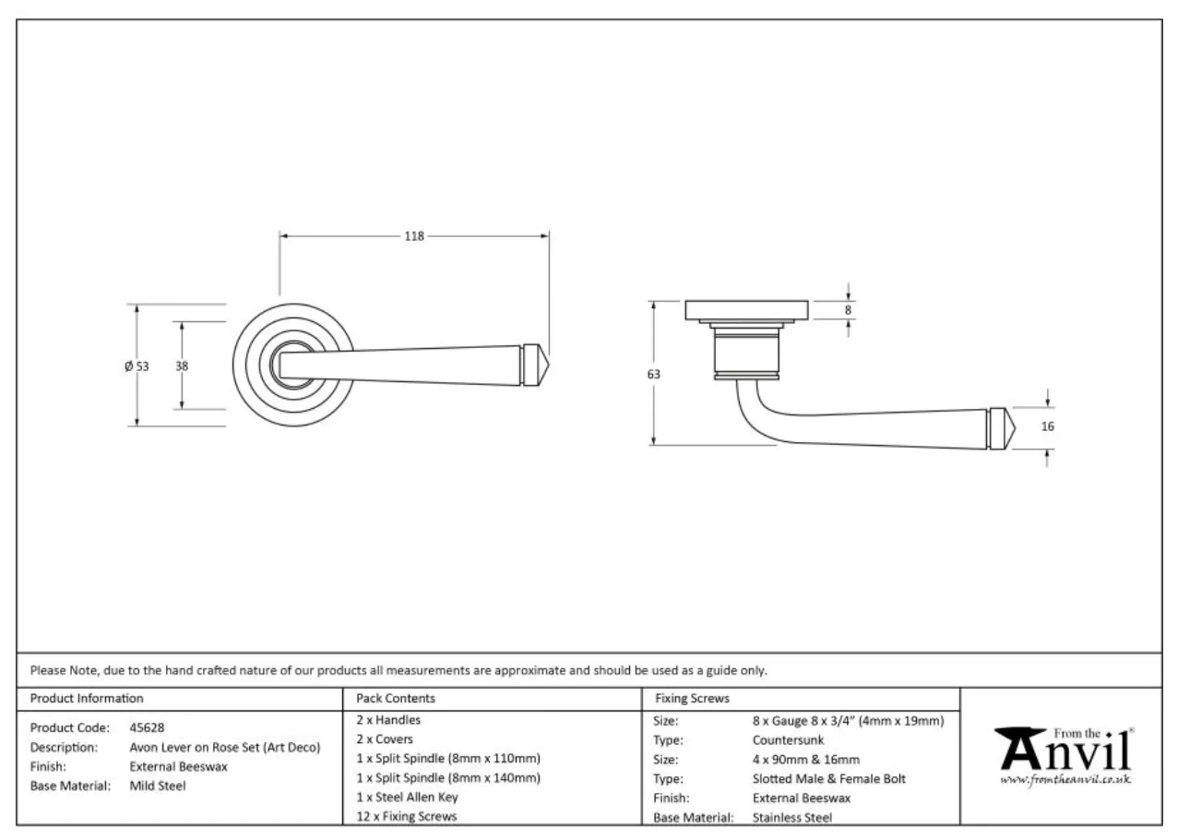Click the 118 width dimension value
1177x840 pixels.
coord(413,236)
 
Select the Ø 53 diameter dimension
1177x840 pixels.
coord(137,366)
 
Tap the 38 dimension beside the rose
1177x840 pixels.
coord(182,366)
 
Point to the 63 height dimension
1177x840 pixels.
coord(654,374)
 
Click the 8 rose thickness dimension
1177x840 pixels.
coord(848,310)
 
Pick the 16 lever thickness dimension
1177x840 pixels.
coord(1047,426)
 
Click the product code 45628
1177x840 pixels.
coord(147,727)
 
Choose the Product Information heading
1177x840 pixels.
coord(87,699)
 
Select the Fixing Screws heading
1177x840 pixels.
coord(691,699)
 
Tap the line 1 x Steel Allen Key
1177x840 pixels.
coord(407,797)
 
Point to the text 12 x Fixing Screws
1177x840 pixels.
coord(406,816)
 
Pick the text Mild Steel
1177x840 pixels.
coord(158,786)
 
